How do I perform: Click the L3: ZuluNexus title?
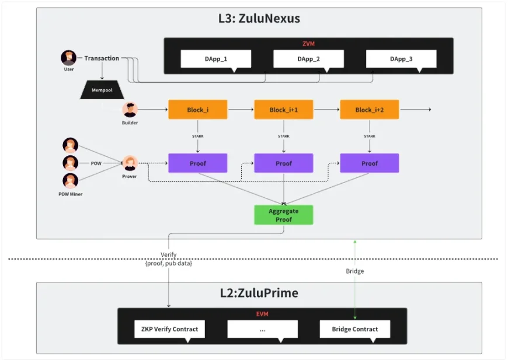tap(259, 19)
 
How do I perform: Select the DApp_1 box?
tap(216, 59)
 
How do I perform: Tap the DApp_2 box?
tap(308, 59)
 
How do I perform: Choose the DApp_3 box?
tap(401, 59)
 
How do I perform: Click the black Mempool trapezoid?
tap(103, 90)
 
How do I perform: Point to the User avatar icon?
tap(69, 58)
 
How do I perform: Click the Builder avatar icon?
tap(130, 110)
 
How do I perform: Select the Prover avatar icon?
tap(130, 163)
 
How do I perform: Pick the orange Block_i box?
tap(198, 110)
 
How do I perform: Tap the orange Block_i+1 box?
tap(284, 110)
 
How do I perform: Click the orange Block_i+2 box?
tap(370, 110)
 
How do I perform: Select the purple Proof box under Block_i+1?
tap(284, 163)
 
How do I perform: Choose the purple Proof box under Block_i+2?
tap(370, 163)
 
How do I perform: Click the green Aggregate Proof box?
tap(284, 215)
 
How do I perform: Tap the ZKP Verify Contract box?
tap(169, 329)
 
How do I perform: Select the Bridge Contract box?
tap(354, 329)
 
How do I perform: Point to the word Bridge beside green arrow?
tap(354, 271)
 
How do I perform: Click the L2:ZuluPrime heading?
tap(259, 293)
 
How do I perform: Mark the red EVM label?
tap(262, 314)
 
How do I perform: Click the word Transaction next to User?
tap(102, 58)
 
